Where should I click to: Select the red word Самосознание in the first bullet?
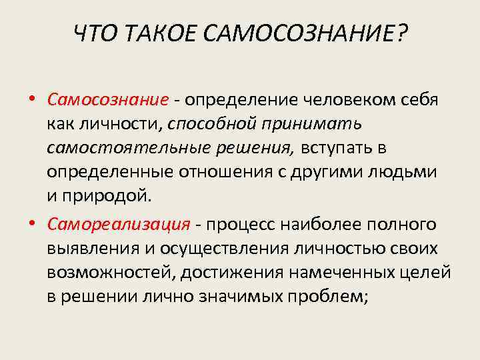[108, 100]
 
